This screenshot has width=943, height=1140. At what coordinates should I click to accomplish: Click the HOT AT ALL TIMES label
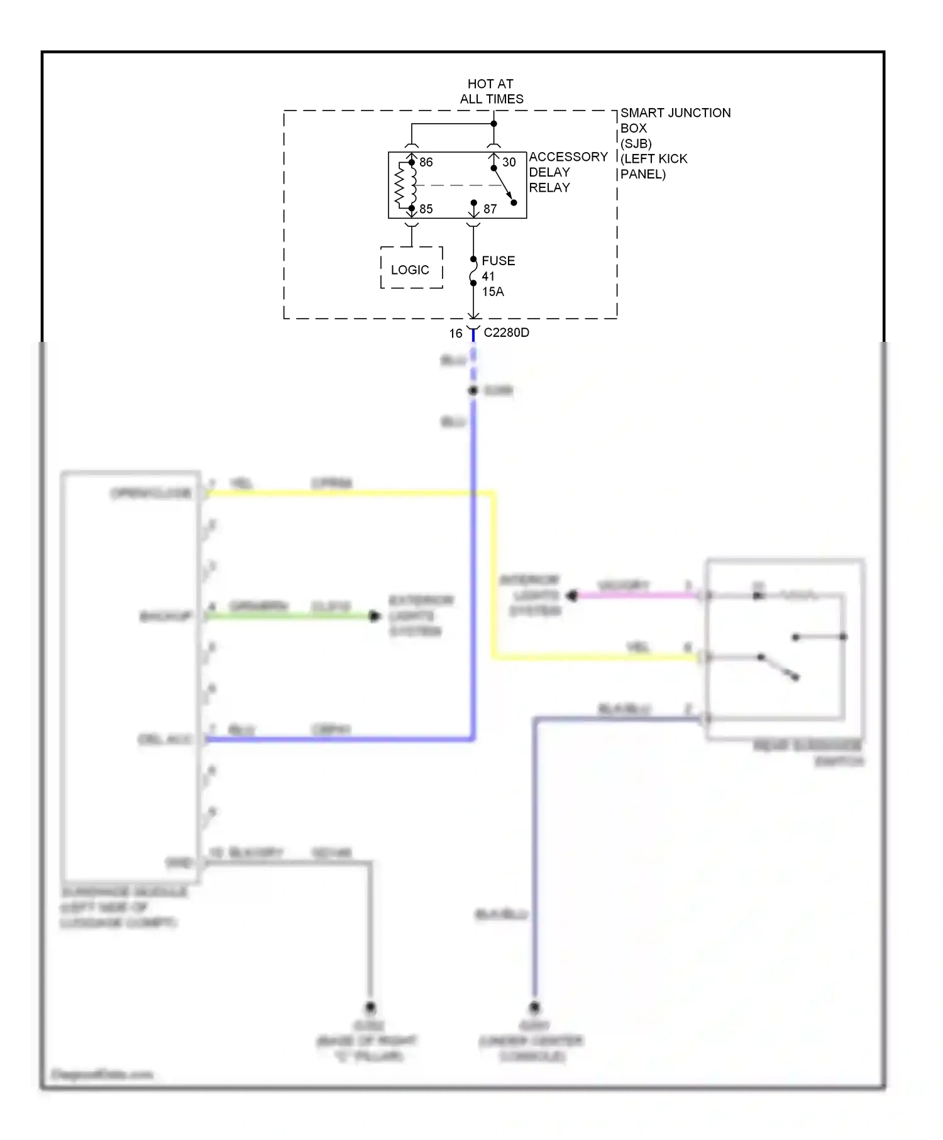(491, 91)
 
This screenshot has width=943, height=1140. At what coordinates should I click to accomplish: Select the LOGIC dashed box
(411, 269)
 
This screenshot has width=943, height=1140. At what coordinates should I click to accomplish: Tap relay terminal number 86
(426, 162)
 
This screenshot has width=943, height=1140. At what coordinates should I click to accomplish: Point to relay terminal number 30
(509, 162)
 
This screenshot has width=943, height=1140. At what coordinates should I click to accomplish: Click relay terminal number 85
(426, 209)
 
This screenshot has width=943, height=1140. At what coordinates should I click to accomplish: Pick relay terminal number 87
(490, 209)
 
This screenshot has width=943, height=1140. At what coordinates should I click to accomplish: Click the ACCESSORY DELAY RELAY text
(567, 172)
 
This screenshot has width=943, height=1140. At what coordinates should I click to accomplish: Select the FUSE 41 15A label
(497, 276)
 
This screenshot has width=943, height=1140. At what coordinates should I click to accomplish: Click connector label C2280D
(506, 332)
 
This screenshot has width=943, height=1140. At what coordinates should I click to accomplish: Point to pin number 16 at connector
(456, 334)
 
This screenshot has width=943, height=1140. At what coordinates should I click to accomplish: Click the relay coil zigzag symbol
(399, 185)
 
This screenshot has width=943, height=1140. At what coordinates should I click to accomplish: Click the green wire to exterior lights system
(289, 617)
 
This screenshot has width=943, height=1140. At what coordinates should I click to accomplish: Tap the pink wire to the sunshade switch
(635, 595)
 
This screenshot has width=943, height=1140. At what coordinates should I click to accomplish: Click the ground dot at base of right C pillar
(370, 1007)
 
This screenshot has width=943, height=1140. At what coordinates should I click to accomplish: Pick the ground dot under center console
(534, 1007)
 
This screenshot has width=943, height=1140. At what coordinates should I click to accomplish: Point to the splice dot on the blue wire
(473, 391)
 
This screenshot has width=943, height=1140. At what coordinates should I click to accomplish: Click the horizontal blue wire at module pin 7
(339, 740)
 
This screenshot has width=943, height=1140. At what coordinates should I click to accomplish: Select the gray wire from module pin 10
(289, 863)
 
